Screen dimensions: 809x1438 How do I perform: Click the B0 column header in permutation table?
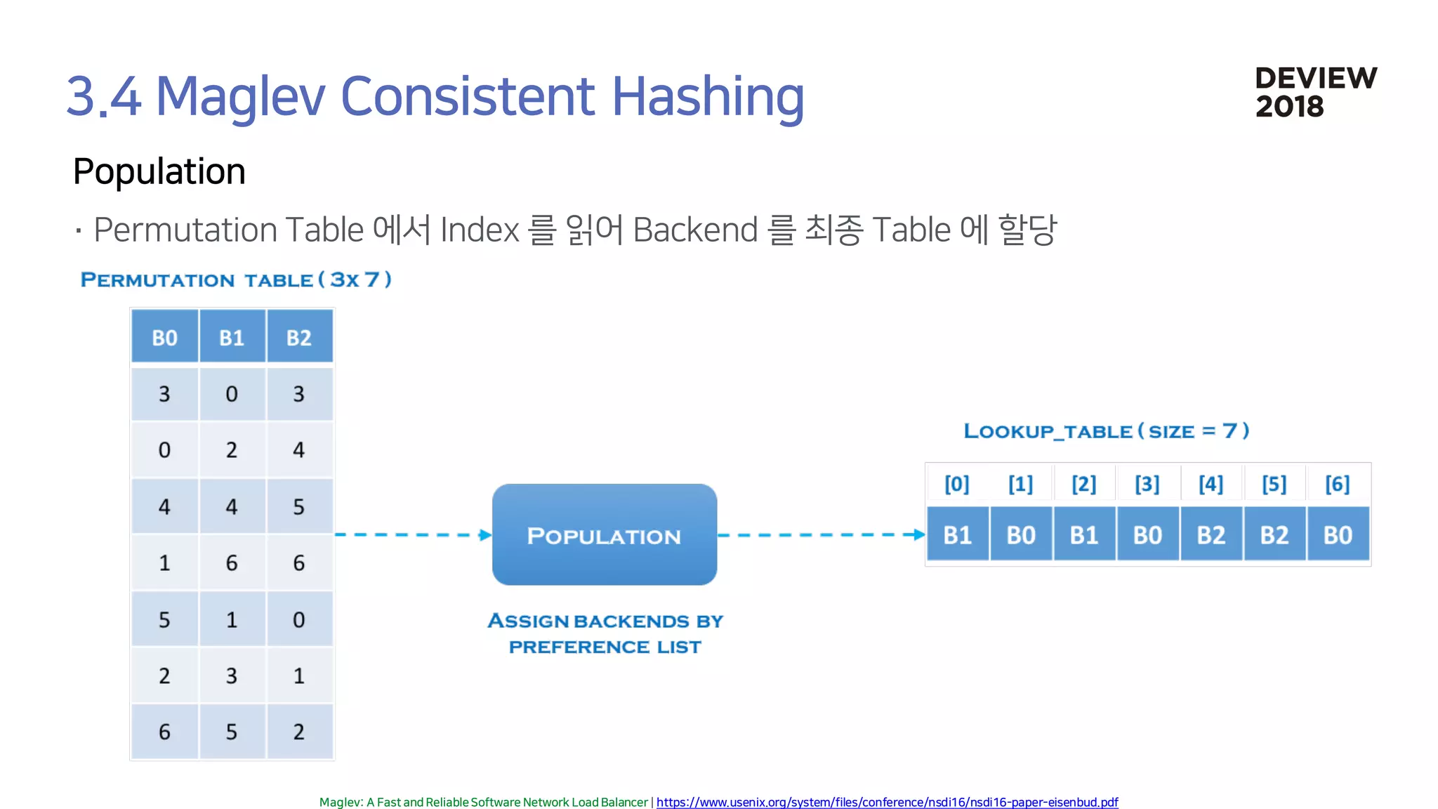165,337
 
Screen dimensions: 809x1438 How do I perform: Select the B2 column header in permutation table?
299,337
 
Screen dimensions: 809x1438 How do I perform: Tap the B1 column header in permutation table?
232,337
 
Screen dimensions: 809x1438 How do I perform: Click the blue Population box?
604,534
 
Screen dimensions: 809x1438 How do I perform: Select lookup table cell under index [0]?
957,535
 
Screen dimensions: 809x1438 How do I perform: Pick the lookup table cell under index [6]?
1338,535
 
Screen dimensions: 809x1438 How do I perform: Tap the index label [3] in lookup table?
1147,484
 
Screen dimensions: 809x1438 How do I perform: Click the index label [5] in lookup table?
1274,484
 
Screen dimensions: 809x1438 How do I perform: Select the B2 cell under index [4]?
1211,535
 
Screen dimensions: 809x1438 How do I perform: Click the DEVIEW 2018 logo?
1315,92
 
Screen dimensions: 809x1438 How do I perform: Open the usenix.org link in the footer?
887,802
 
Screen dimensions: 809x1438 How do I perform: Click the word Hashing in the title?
708,96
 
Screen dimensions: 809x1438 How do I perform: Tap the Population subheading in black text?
159,171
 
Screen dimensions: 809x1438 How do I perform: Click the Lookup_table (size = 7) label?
1106,430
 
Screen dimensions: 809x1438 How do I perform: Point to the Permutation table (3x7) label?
236,279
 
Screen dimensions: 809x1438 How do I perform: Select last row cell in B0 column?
164,732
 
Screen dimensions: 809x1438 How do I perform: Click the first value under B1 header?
232,394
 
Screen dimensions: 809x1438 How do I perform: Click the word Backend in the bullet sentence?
695,230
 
